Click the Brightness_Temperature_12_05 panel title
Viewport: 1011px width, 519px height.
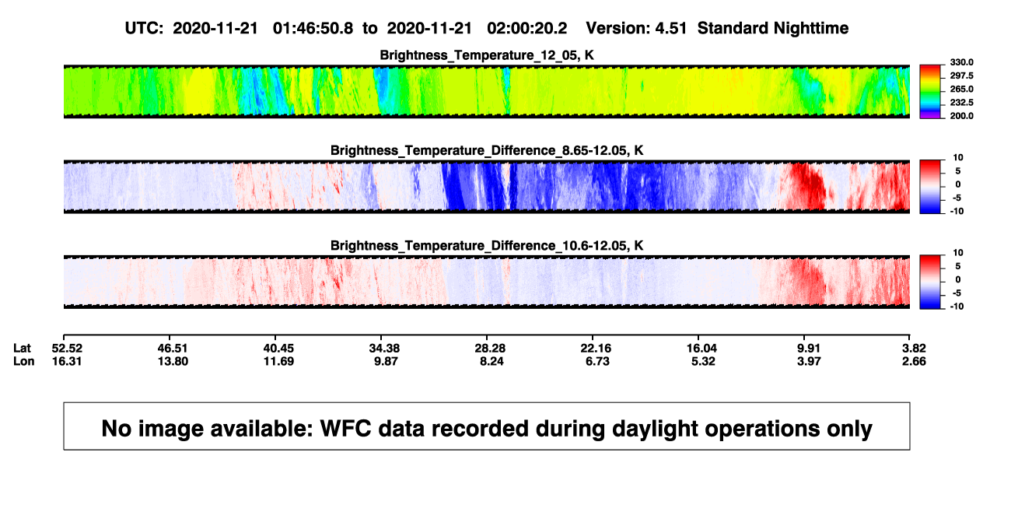pos(487,55)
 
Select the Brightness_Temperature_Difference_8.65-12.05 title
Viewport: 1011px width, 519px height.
pos(487,150)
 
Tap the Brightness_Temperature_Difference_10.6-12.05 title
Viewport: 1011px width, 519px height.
pos(487,246)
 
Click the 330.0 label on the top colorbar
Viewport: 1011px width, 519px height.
pos(961,62)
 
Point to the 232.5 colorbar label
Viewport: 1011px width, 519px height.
pos(961,103)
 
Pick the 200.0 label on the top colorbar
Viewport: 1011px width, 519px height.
pos(961,116)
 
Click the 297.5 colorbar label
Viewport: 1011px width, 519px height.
pos(961,76)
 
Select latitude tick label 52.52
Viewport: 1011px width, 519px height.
pos(67,349)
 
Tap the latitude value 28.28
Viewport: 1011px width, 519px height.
pos(490,349)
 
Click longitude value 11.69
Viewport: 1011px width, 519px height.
pos(278,361)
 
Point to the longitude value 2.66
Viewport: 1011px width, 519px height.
pos(914,361)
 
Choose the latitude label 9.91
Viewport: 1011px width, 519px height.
pos(808,349)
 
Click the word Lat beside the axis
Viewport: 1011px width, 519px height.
pos(22,349)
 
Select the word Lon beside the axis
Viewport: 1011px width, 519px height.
pos(24,361)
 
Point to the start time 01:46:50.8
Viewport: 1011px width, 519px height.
pos(313,28)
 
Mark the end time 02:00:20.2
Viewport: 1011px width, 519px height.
pos(526,28)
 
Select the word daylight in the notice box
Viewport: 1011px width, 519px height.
pos(653,429)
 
